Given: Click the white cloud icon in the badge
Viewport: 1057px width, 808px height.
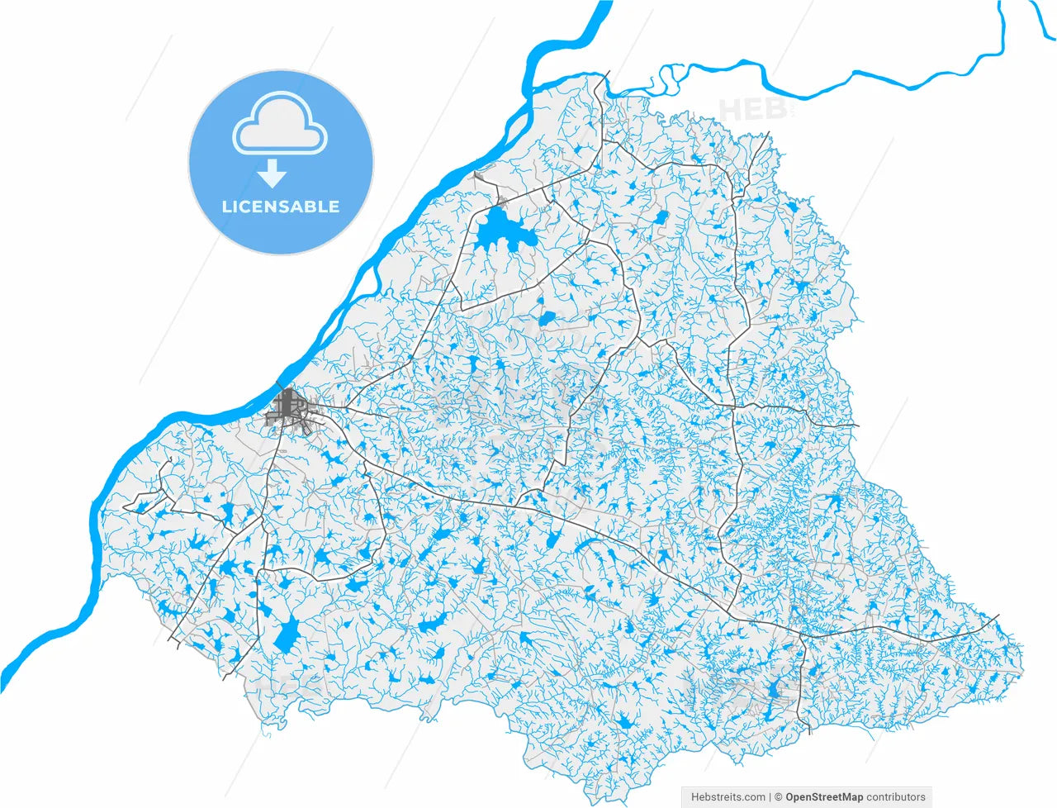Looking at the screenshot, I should [x=280, y=123].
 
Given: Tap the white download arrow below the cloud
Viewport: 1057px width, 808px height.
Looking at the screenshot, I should [x=272, y=173].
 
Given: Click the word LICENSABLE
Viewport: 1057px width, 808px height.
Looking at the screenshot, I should [x=281, y=207].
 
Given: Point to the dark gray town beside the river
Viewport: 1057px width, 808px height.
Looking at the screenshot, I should [x=289, y=409].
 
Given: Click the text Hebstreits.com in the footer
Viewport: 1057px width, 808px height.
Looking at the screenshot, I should [x=727, y=797].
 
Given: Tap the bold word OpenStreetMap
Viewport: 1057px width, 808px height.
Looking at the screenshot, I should [x=824, y=797].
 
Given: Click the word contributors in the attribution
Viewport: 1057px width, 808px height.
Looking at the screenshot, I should [x=896, y=797].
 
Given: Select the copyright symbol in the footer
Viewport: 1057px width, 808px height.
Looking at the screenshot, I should [x=779, y=797].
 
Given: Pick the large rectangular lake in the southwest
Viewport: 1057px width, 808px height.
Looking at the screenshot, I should [x=287, y=633].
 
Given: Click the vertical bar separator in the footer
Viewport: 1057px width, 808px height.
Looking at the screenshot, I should [x=770, y=797].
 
